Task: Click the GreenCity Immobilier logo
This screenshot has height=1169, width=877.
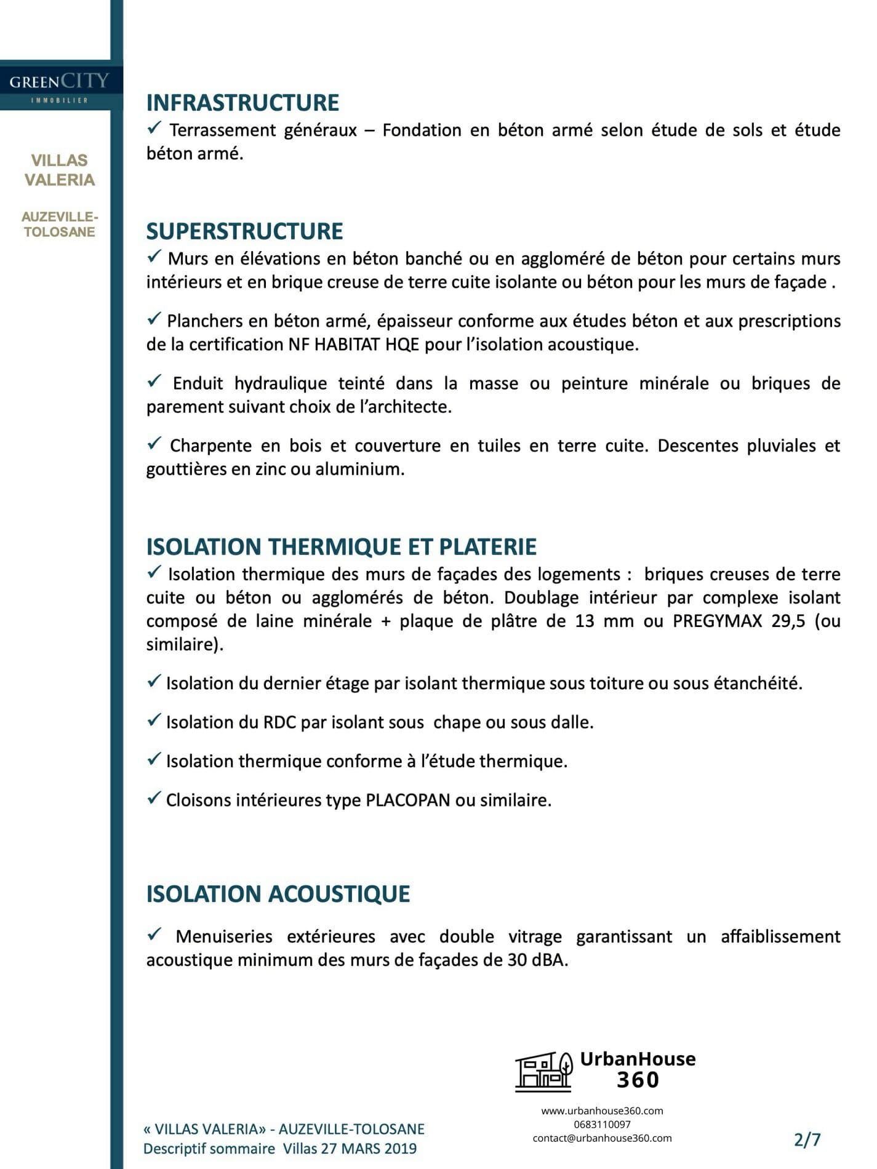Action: click(x=60, y=86)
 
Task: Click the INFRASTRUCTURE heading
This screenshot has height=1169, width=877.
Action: click(x=242, y=103)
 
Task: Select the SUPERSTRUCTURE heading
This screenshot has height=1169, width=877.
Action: click(x=244, y=231)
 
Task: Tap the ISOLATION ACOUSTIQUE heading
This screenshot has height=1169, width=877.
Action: click(x=278, y=894)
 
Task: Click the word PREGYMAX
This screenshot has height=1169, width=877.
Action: click(x=716, y=621)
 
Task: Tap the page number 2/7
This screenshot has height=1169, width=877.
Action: click(x=807, y=1139)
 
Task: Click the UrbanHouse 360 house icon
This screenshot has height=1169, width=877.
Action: click(x=543, y=1072)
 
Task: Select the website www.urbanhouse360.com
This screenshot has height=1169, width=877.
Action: click(x=602, y=1111)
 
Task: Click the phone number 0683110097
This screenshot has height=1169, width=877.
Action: click(x=602, y=1124)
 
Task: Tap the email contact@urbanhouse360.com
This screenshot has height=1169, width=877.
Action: click(x=602, y=1138)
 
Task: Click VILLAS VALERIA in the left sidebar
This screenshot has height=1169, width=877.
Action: click(x=60, y=170)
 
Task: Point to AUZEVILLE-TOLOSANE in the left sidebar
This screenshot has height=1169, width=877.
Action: click(x=60, y=225)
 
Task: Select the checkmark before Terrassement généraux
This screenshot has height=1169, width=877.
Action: click(x=154, y=128)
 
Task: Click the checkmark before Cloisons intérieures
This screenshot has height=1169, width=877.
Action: click(x=154, y=798)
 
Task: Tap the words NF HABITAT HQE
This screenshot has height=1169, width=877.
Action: click(x=353, y=345)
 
